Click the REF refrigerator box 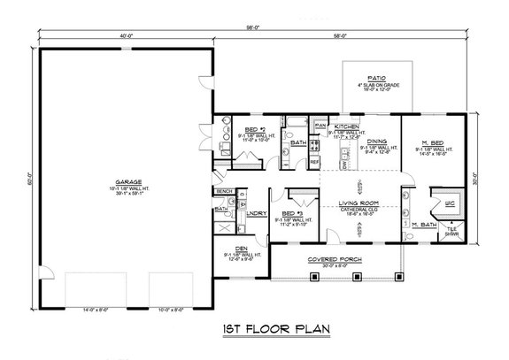[x=314, y=162]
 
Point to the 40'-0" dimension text [x=125, y=35]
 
